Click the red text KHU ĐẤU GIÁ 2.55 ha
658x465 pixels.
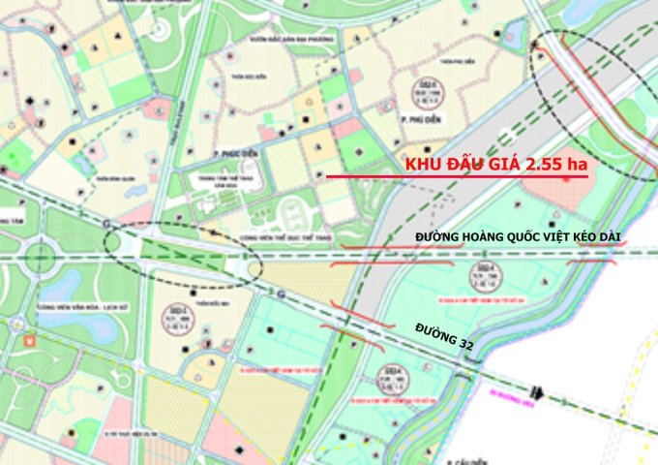[x=495, y=165]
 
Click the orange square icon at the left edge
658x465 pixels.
[x=30, y=341]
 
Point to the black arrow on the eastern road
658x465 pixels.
[x=543, y=394]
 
